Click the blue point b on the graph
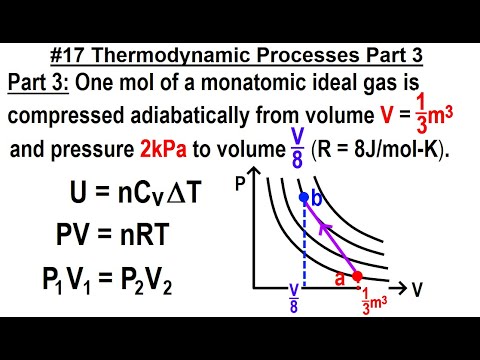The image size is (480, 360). pos(303,197)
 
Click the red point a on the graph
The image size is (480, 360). pos(358,276)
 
